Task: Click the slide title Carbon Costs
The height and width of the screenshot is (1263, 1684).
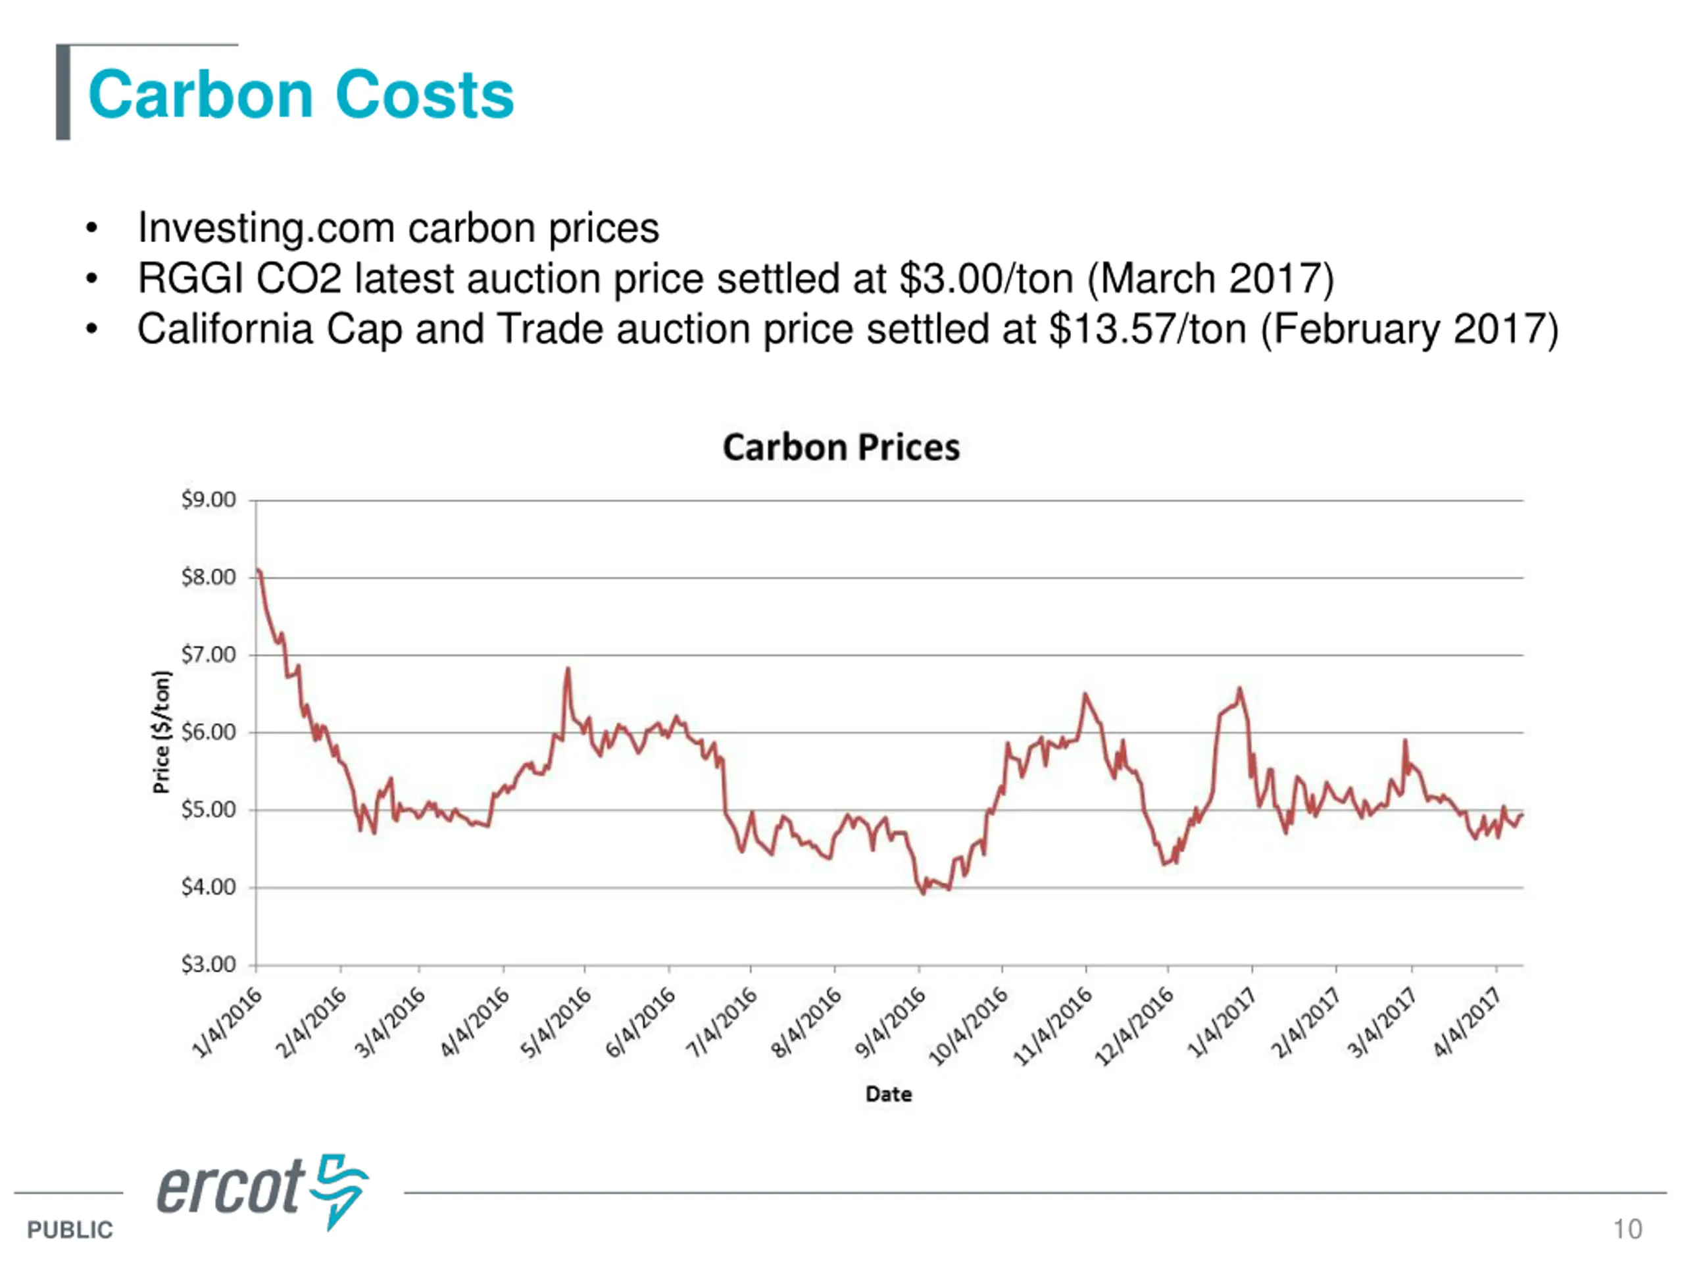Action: [301, 95]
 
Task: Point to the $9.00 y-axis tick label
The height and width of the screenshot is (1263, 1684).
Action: [208, 500]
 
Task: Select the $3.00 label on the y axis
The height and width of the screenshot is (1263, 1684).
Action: [208, 964]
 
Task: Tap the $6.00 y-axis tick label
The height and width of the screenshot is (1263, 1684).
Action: [208, 732]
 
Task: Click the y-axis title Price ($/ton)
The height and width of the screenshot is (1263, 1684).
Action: [161, 731]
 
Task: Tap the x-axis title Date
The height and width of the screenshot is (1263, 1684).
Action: [889, 1094]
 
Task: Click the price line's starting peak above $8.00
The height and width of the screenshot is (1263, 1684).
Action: [259, 570]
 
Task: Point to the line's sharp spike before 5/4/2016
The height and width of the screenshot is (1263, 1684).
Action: [568, 670]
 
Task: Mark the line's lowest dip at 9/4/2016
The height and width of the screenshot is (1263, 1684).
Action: [924, 893]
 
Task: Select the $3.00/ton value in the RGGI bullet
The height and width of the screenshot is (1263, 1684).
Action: [987, 279]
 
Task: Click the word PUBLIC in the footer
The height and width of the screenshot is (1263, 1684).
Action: [70, 1229]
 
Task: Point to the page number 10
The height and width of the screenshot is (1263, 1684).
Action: [1627, 1229]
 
